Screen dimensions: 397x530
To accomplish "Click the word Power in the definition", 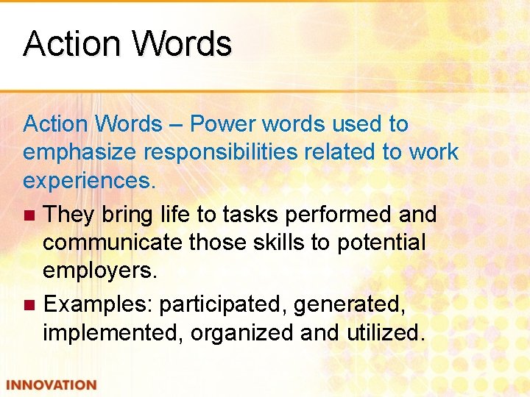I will pos(220,124).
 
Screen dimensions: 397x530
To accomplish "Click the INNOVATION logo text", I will pos(52,385).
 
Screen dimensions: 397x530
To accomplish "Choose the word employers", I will pos(100,271).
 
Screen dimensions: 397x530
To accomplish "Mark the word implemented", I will pos(113,332).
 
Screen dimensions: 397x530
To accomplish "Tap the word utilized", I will pos(385,332).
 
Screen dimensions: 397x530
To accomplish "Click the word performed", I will pos(343,214).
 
